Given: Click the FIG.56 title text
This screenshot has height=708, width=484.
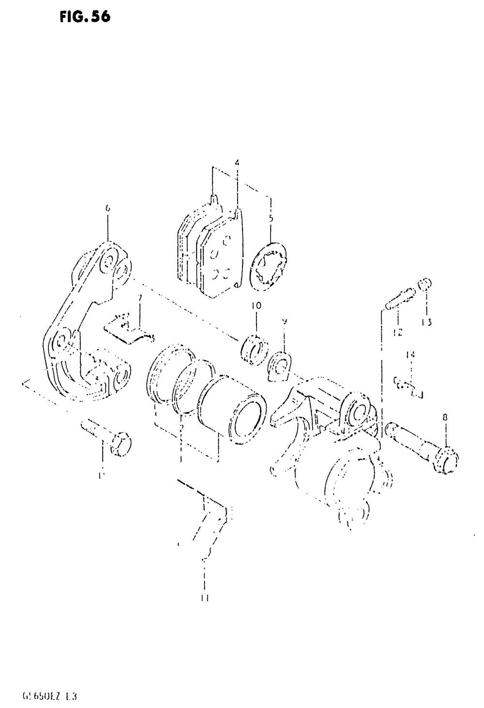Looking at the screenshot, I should coord(86,17).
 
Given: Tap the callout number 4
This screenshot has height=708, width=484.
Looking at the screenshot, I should coord(237,163).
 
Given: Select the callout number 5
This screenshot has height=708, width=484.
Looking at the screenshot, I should coord(271,218).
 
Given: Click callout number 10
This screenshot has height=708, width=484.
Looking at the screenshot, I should coord(256,306).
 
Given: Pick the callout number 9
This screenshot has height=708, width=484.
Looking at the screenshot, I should coord(285,321).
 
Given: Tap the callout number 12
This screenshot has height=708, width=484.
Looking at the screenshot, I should coord(397,333).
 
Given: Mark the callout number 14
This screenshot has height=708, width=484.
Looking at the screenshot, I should coord(410,355).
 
